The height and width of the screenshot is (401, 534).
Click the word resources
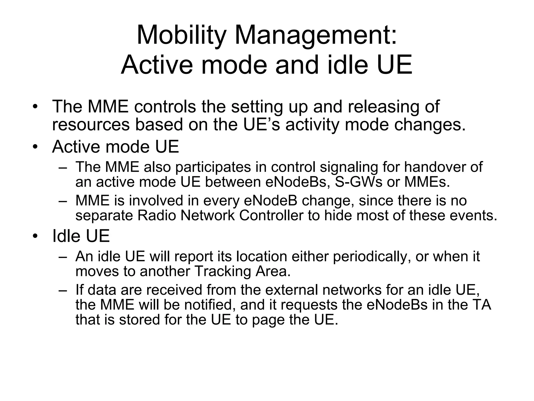click(91, 125)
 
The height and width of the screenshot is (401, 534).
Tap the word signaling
click(349, 167)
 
